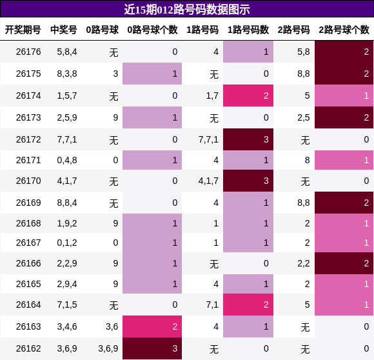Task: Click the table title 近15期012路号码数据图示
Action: (x=187, y=10)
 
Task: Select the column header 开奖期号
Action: (x=23, y=30)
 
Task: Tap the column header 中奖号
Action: (x=64, y=30)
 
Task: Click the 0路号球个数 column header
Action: (x=152, y=30)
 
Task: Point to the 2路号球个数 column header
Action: (x=344, y=30)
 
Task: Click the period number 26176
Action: (x=28, y=52)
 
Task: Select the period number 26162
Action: (x=28, y=348)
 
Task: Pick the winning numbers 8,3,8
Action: (x=67, y=74)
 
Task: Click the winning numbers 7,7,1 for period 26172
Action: (x=67, y=139)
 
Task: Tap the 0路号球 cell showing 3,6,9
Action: (x=108, y=348)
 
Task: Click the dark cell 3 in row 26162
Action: (x=152, y=348)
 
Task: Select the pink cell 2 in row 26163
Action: (x=152, y=326)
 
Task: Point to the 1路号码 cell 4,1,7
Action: (x=208, y=181)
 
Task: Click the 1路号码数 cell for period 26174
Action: (x=248, y=95)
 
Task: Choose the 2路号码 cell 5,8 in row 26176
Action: (x=304, y=52)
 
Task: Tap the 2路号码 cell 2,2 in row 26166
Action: (x=304, y=263)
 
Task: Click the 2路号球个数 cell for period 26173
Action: (x=344, y=117)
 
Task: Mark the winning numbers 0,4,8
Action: (x=67, y=160)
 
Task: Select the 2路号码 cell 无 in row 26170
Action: (x=305, y=181)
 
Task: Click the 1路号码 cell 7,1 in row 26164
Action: (x=212, y=305)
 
